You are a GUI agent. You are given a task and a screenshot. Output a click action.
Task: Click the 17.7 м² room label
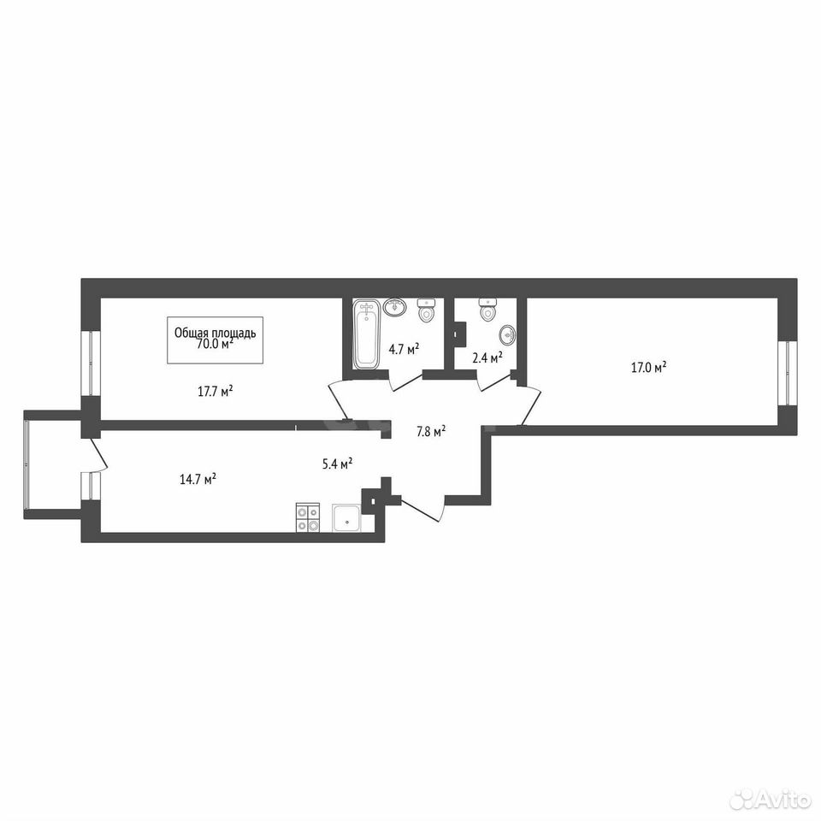point(216,392)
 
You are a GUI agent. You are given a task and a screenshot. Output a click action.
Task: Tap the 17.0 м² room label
point(649,367)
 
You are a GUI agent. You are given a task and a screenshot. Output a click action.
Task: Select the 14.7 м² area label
point(198,479)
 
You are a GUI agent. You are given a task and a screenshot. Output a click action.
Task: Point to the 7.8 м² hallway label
point(431,432)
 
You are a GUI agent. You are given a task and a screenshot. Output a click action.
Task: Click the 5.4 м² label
point(337,464)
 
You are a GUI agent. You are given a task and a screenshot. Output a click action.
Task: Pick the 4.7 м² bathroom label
point(405,349)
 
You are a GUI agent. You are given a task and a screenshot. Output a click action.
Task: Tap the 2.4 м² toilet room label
point(487,357)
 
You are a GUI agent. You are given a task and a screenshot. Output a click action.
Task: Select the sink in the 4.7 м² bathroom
point(396,306)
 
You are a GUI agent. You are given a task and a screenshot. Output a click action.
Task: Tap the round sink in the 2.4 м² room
point(507,334)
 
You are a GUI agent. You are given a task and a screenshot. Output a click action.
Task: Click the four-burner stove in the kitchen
point(308,518)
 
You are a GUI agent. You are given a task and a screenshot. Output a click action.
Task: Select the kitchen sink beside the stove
point(346,519)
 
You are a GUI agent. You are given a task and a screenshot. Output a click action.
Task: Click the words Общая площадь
point(216,333)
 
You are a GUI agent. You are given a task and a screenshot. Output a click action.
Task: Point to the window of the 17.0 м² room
point(787,374)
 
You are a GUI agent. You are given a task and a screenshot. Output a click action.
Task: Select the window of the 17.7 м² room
point(91,363)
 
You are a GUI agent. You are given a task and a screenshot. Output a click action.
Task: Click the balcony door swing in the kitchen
point(99,454)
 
